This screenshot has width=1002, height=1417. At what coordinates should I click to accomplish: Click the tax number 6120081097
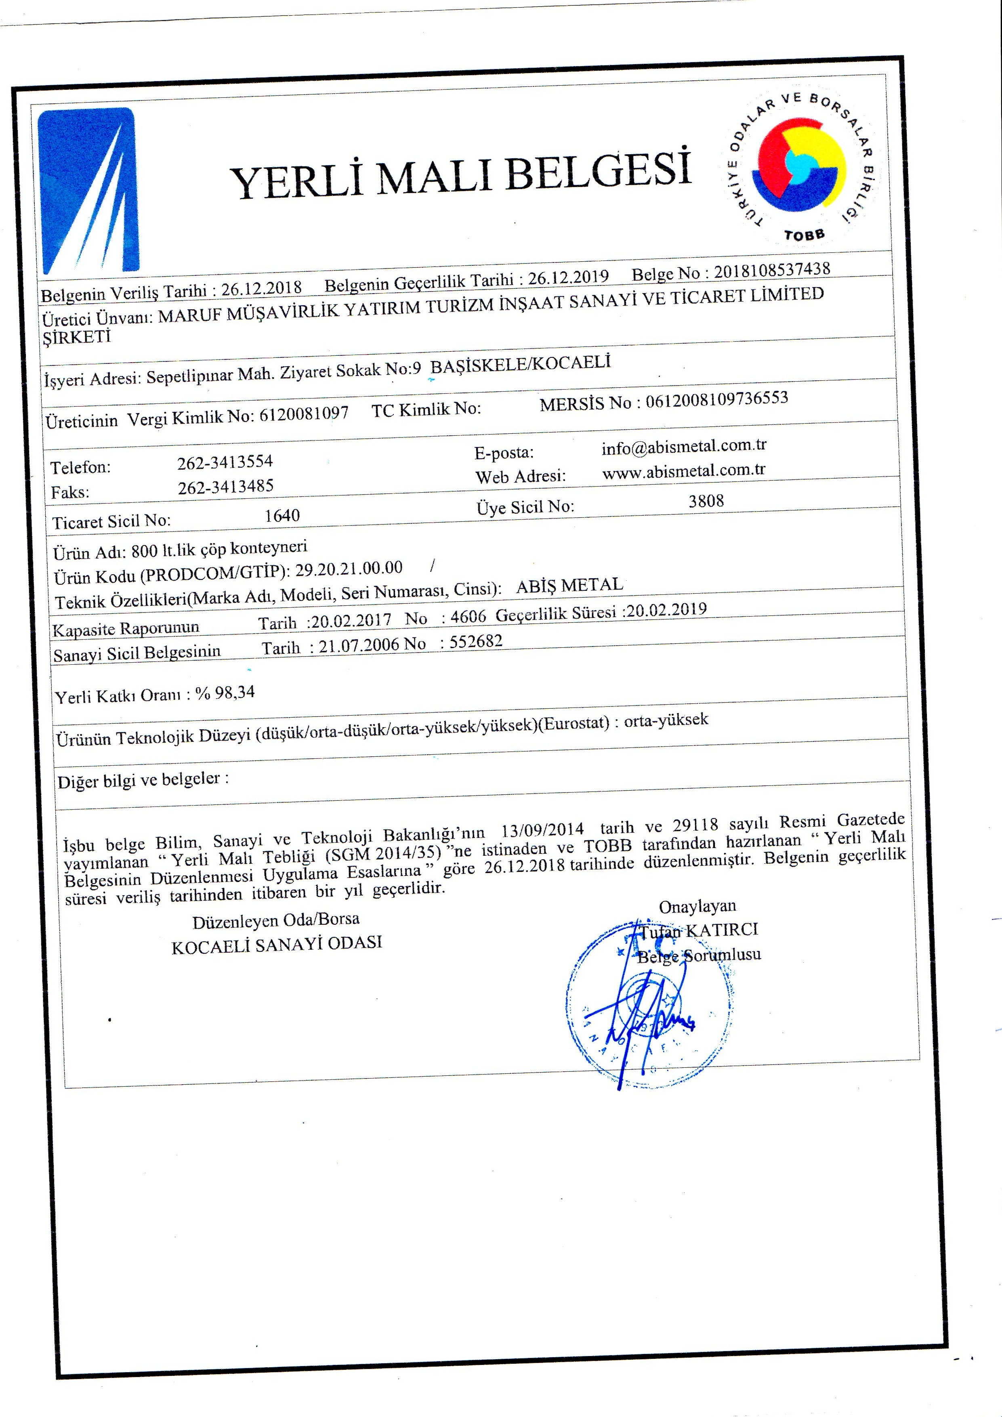pos(304,414)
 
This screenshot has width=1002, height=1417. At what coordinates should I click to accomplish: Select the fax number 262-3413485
pos(225,487)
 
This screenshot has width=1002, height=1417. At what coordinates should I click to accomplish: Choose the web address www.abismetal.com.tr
pos(683,471)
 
